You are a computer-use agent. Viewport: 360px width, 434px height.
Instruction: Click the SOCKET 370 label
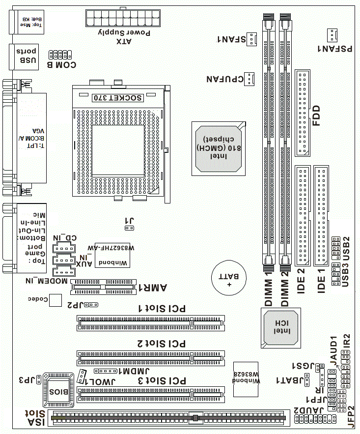[x=118, y=97]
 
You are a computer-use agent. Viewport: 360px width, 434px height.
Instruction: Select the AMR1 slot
[x=103, y=286]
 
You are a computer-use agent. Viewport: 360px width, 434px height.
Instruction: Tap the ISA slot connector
[x=167, y=418]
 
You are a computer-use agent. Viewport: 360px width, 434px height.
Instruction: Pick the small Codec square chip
[x=57, y=300]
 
